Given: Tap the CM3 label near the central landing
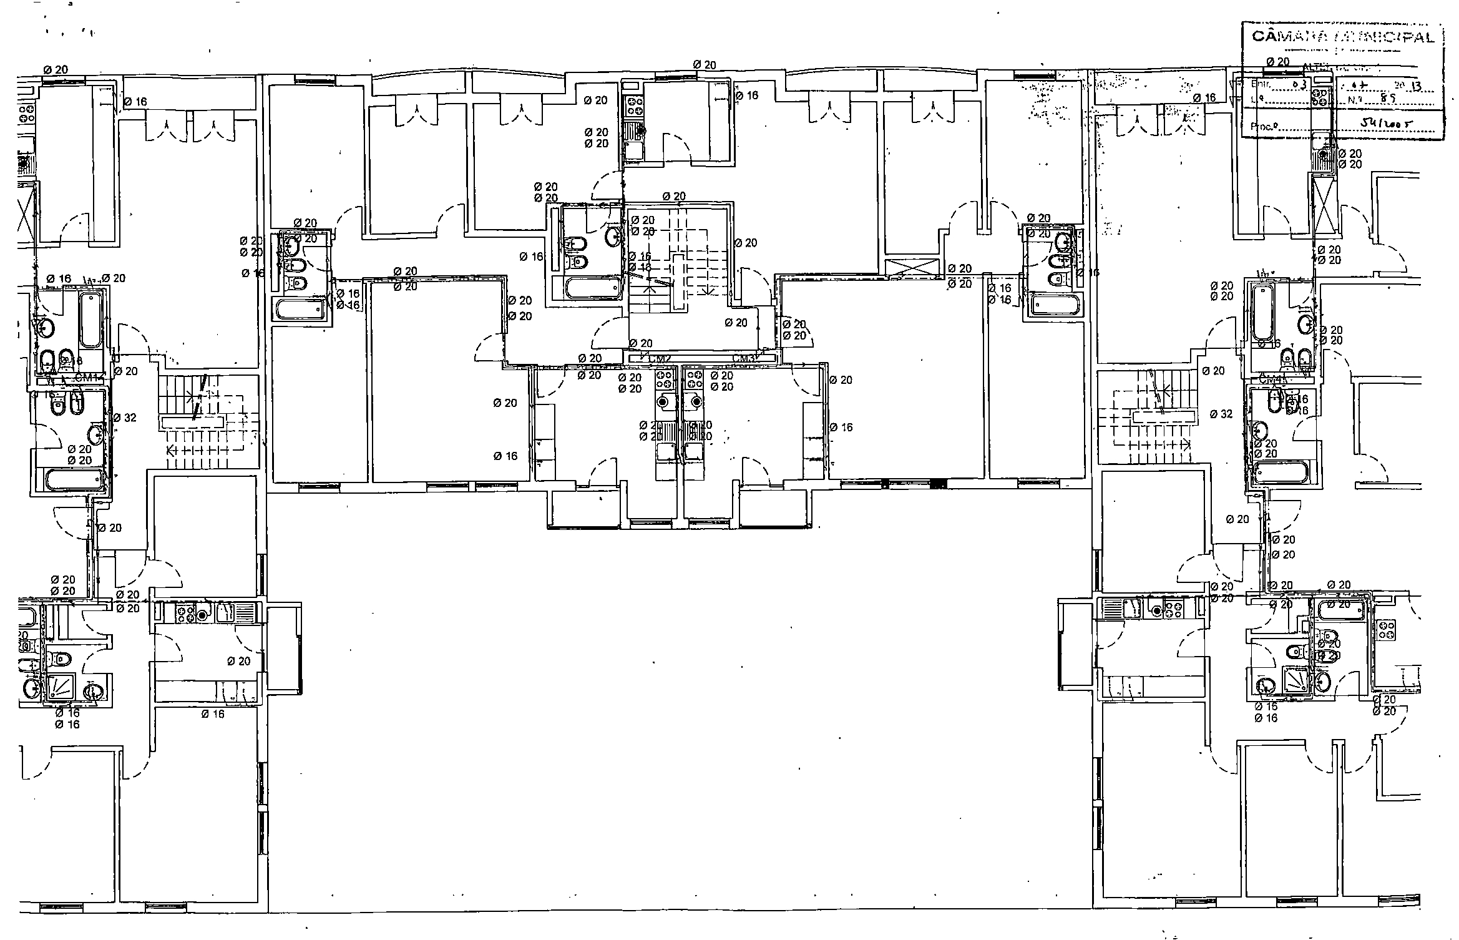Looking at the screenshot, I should [744, 359].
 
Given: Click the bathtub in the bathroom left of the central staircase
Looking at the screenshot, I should [592, 288].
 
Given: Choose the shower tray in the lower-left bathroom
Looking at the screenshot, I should [62, 687].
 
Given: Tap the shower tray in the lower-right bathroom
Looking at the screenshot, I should [1296, 679].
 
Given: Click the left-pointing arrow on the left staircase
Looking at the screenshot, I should [170, 449].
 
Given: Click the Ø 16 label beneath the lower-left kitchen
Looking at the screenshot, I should [213, 714].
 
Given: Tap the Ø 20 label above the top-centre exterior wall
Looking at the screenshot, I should [705, 65].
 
